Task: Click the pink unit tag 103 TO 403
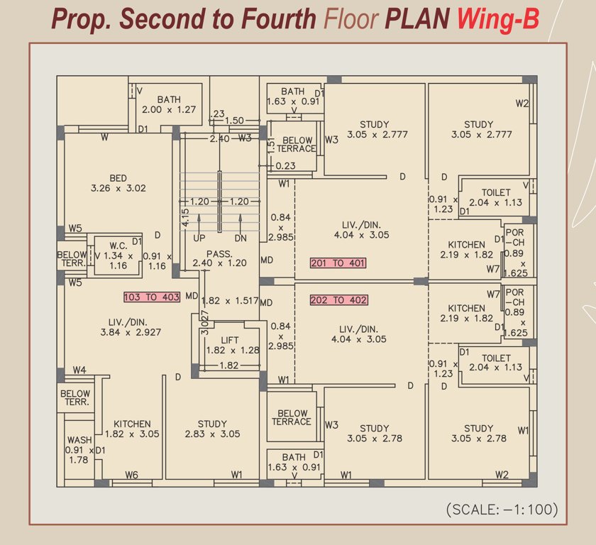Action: click(x=151, y=297)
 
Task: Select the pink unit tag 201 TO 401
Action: click(x=338, y=263)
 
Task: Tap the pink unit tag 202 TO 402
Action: click(x=338, y=300)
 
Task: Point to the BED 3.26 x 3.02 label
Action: click(x=118, y=183)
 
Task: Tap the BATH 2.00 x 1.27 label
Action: click(x=169, y=104)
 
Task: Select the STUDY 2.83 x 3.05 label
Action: click(x=212, y=429)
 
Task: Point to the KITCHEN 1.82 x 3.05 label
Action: click(x=132, y=429)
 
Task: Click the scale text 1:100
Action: click(x=502, y=510)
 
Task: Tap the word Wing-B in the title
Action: click(x=497, y=19)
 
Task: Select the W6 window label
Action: click(x=131, y=475)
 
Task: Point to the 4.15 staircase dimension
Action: click(x=185, y=216)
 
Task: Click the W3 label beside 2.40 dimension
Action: click(x=245, y=138)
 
